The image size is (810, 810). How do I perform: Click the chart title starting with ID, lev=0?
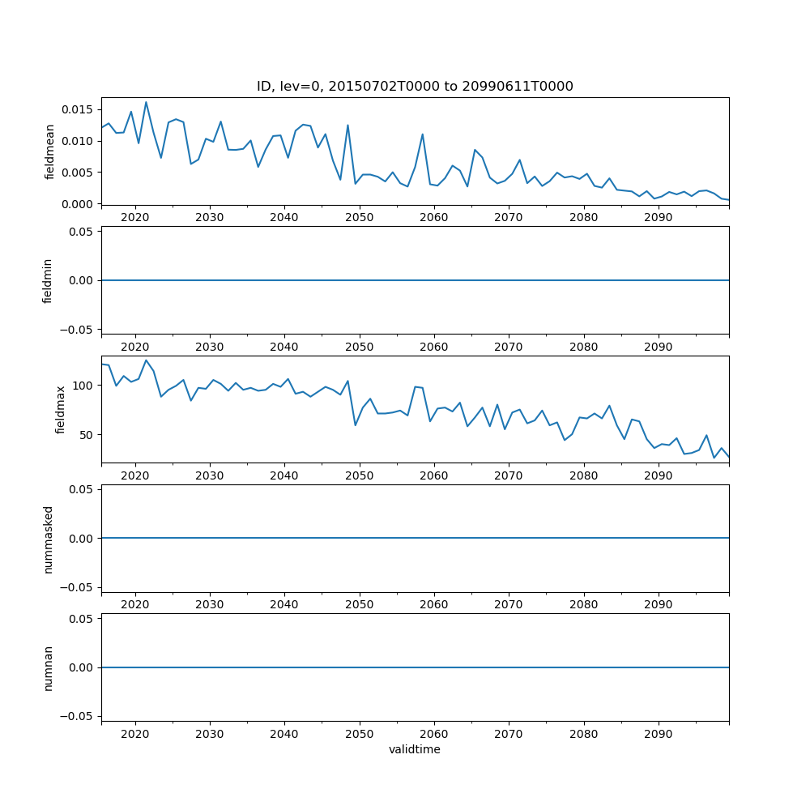pos(415,87)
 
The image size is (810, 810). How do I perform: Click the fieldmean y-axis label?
pos(50,151)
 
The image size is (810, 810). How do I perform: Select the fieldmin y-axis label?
pos(48,280)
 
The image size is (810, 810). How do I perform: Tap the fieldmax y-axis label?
pos(61,410)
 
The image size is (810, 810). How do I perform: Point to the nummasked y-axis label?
pos(48,539)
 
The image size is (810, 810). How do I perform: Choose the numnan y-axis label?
pos(48,667)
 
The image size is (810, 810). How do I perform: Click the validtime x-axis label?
pos(415,750)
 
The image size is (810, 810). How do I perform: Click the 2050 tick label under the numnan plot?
pos(359,734)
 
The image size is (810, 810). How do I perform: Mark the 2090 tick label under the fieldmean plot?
pos(659,218)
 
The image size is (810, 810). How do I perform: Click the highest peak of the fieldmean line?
pos(146,102)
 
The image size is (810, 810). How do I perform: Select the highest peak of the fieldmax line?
pos(147,360)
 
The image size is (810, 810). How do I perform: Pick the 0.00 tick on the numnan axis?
pos(81,667)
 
